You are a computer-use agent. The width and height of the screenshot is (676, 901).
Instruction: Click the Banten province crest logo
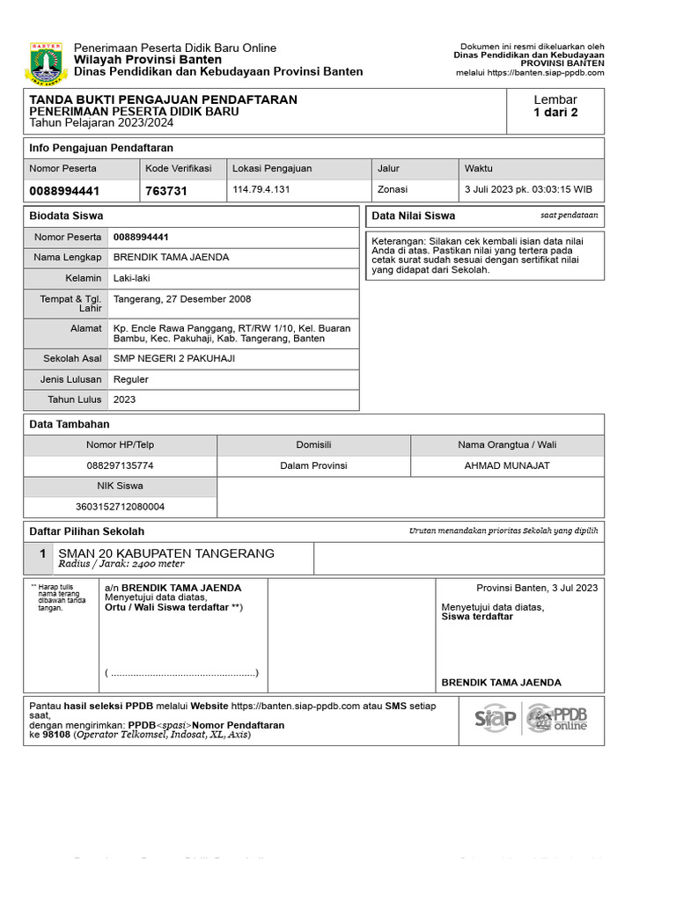45,60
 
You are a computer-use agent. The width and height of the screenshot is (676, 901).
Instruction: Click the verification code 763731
165,191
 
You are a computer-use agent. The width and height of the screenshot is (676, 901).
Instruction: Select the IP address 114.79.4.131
261,190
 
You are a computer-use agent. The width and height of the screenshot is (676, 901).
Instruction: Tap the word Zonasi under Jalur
393,190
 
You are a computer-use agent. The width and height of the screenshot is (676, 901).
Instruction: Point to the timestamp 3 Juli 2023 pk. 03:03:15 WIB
528,190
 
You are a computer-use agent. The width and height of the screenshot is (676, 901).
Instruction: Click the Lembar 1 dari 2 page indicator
555,106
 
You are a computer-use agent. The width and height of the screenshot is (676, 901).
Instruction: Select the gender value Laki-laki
132,278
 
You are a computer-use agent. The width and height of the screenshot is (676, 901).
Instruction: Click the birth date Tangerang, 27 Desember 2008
182,299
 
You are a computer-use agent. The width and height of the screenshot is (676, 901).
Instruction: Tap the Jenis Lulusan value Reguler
131,379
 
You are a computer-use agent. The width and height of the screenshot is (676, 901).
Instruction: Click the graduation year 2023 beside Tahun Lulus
125,399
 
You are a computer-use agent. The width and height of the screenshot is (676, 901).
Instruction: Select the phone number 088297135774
120,465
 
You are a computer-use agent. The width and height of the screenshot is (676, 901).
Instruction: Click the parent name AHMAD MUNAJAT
507,465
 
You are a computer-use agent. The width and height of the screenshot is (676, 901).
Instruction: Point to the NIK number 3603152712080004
120,507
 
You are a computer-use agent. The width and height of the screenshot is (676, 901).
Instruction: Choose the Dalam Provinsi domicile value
313,465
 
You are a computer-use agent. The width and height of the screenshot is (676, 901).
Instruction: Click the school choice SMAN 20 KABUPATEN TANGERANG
166,553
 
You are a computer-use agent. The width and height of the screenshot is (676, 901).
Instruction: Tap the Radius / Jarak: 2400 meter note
121,565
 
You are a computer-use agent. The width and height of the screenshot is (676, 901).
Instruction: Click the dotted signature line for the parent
182,673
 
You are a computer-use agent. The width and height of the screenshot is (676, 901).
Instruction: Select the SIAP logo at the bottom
496,719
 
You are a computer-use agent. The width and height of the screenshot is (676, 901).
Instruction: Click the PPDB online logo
557,719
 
